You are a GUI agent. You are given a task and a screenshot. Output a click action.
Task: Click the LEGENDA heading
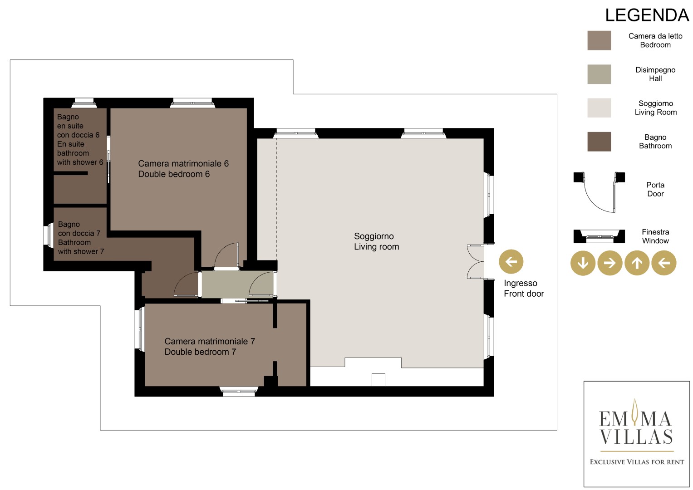pos(647,15)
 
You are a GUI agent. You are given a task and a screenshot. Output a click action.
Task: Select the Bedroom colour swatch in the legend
pos(599,40)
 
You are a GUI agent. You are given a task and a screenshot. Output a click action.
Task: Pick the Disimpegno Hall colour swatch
pos(599,74)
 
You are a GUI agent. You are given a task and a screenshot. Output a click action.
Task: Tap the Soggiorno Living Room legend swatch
pos(599,108)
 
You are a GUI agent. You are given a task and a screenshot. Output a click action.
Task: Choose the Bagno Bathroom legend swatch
pos(599,142)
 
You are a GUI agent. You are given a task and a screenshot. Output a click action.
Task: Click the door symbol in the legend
pos(599,192)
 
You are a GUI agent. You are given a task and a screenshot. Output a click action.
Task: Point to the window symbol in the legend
pos(599,236)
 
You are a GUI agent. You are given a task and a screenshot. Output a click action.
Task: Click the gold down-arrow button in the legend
pos(583,263)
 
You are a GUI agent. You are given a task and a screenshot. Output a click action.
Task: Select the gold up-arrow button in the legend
pos(637,263)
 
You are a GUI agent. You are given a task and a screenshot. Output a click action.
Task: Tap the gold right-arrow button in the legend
pos(610,263)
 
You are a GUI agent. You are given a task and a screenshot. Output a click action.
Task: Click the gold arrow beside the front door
pos(511,261)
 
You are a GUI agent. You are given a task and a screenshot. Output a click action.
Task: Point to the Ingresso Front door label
pos(524,288)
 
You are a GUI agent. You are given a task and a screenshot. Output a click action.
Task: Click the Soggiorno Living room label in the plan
pos(377,241)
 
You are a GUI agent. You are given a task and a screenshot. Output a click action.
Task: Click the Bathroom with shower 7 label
pos(81,238)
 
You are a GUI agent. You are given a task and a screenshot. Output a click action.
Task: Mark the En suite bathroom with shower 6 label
pos(80,139)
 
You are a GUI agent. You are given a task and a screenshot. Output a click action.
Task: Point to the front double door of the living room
pos(476,262)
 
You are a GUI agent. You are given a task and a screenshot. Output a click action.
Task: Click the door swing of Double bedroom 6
pos(226,255)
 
